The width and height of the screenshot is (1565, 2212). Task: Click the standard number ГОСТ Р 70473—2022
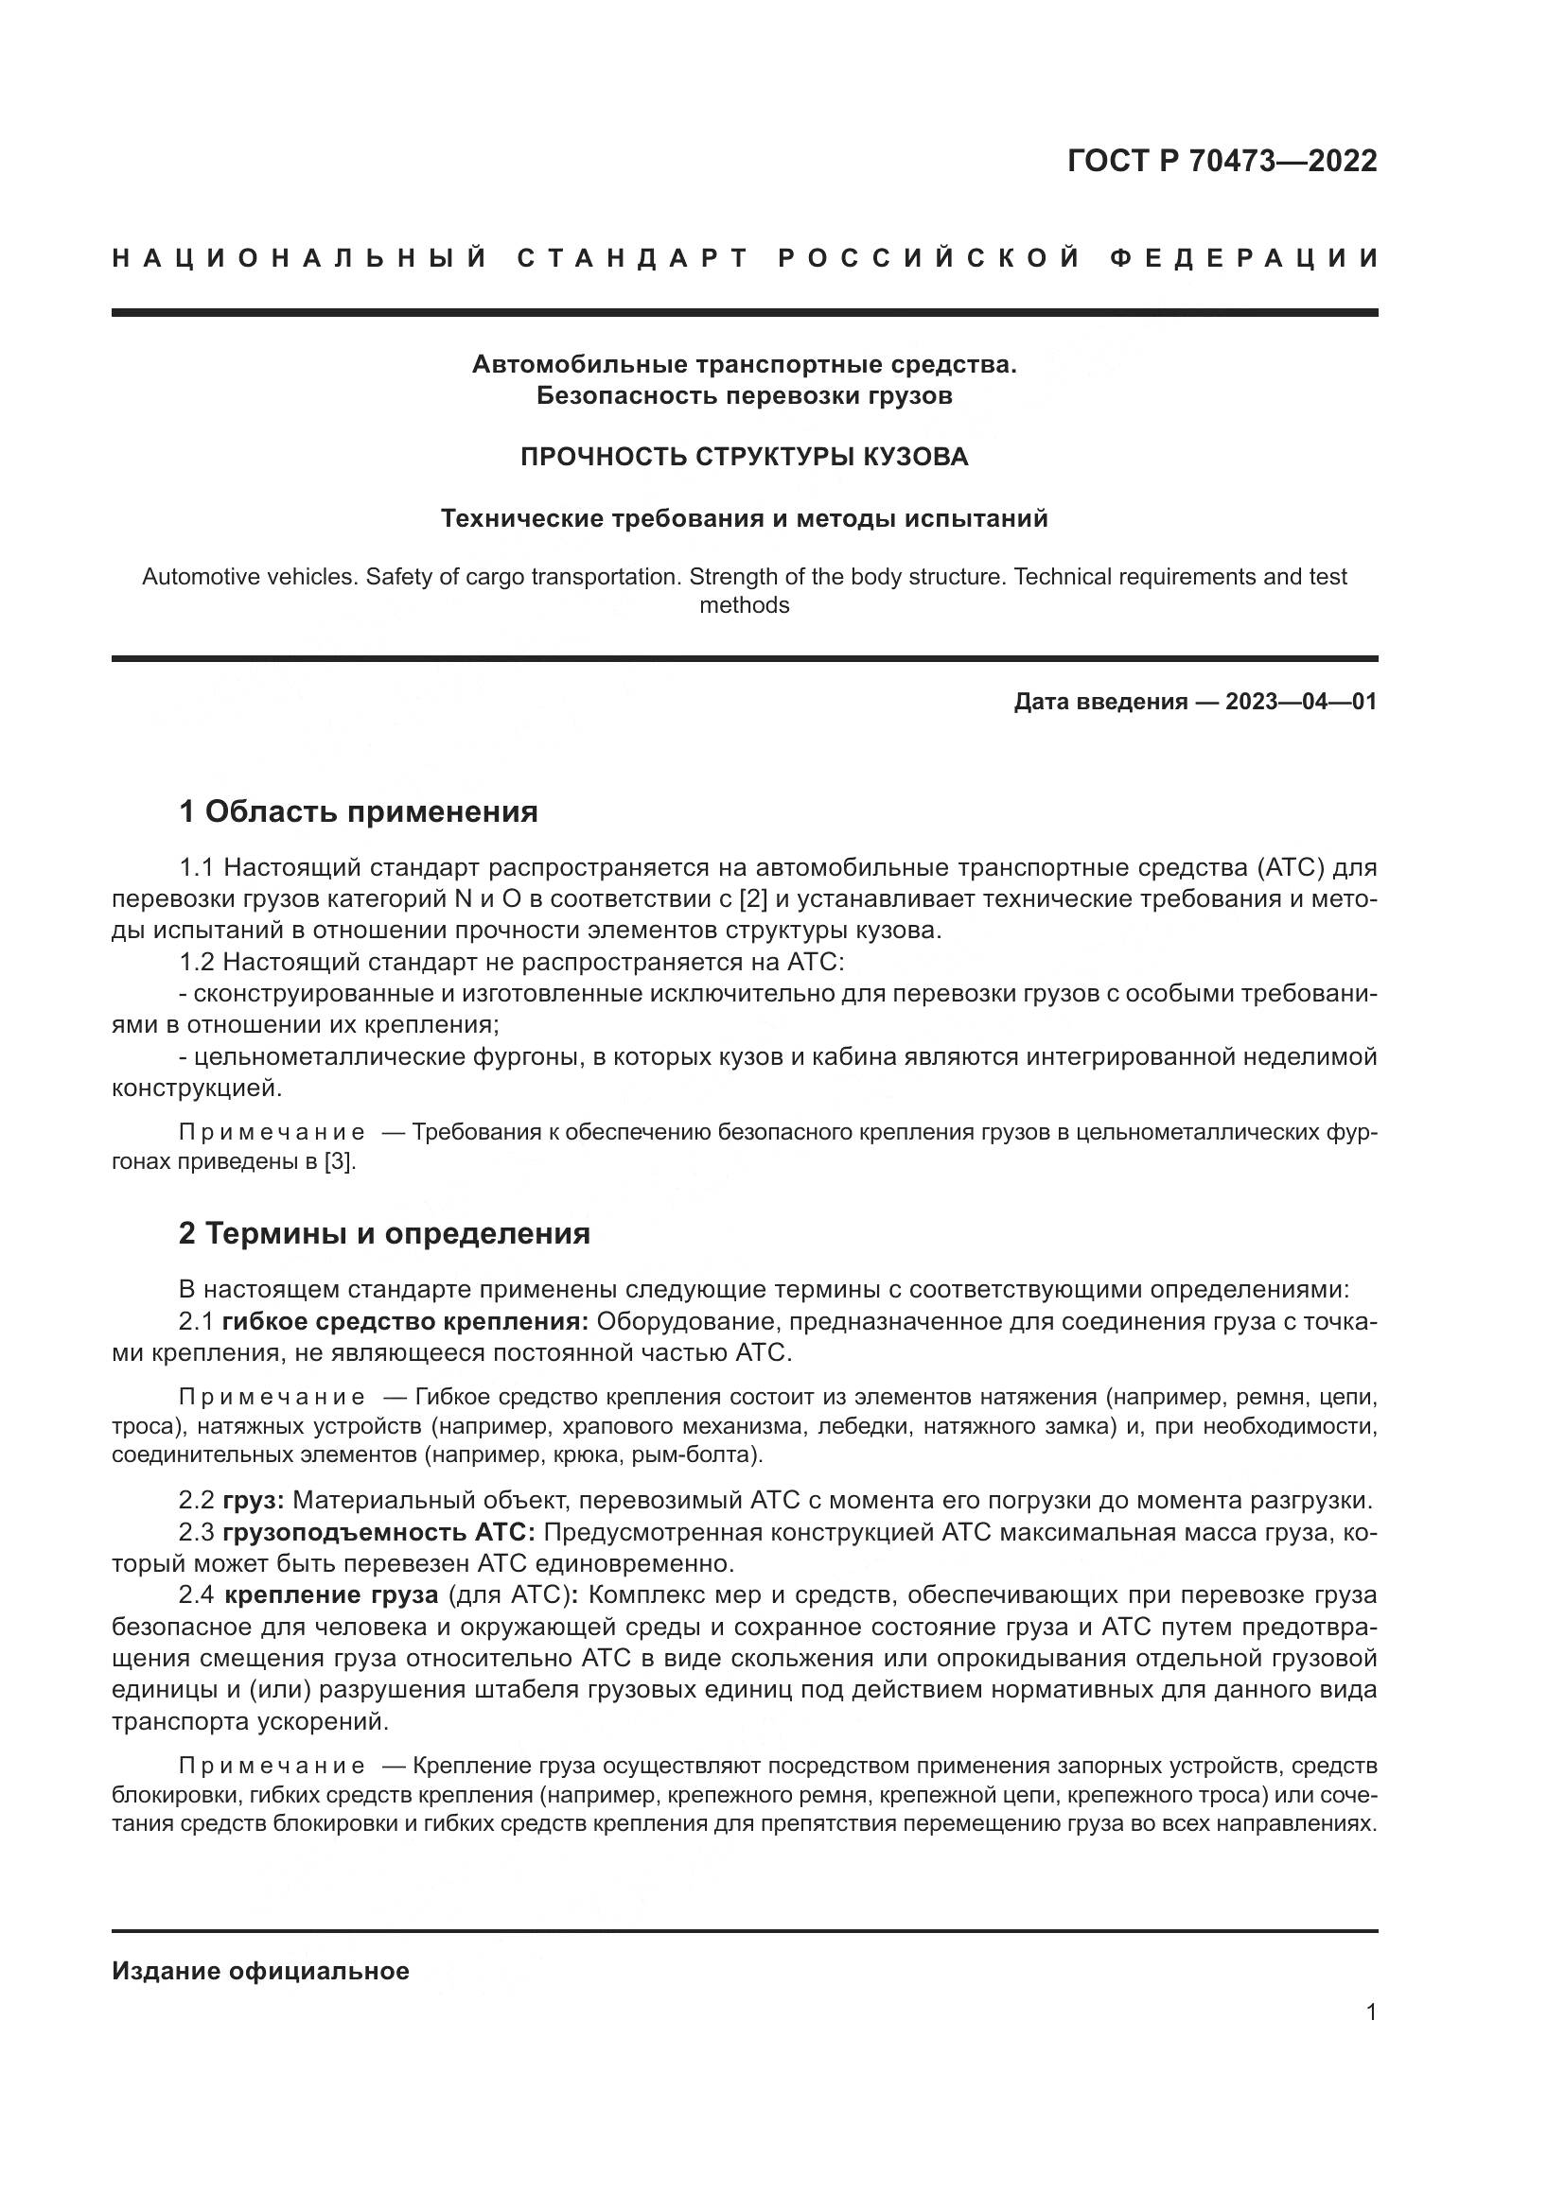click(1222, 161)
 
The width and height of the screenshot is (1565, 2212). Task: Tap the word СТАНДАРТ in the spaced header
click(633, 258)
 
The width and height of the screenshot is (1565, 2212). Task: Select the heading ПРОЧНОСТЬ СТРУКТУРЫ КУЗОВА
click(744, 457)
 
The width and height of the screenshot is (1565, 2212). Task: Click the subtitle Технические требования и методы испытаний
click(744, 519)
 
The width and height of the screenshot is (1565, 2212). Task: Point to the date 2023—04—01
click(1301, 702)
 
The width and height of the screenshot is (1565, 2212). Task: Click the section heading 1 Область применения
click(358, 811)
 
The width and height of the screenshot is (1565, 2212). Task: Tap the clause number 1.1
click(197, 867)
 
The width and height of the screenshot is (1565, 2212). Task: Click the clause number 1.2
click(197, 962)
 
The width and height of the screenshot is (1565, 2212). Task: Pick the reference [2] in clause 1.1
click(751, 898)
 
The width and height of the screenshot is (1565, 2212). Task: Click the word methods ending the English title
click(744, 606)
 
